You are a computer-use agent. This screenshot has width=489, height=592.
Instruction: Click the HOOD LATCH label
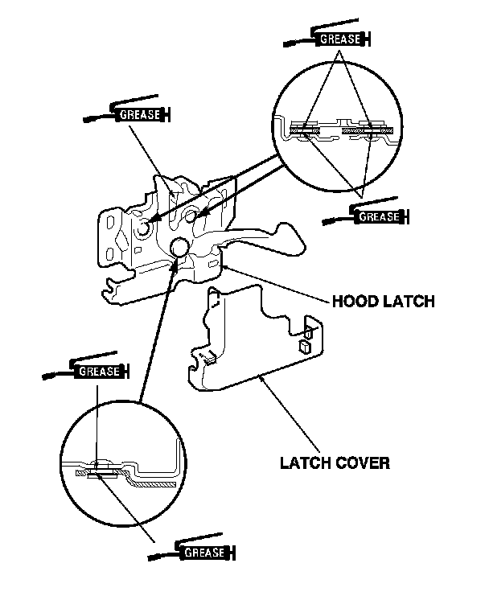click(x=383, y=302)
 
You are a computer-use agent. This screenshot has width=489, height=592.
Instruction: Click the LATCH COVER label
click(x=335, y=462)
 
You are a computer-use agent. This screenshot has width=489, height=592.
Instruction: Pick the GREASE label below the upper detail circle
click(x=378, y=216)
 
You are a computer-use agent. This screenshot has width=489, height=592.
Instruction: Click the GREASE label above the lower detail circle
click(x=100, y=371)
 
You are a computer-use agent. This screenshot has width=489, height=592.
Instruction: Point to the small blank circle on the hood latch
click(x=178, y=247)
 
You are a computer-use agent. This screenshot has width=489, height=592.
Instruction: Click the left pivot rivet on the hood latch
click(x=144, y=229)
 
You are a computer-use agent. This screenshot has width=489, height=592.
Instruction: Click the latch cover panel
click(x=257, y=346)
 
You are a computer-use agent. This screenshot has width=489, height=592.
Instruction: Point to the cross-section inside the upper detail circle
click(x=338, y=129)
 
